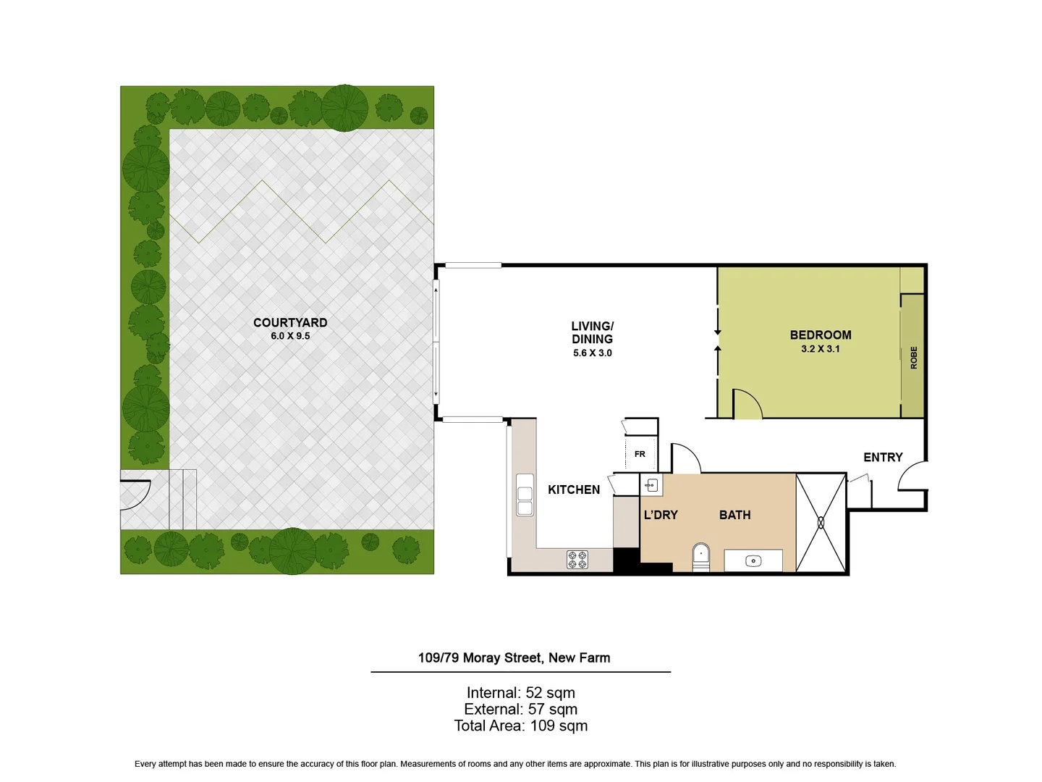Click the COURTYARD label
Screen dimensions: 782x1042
point(290,323)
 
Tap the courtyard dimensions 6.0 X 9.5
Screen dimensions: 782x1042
point(290,336)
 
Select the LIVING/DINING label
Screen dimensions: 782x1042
point(592,332)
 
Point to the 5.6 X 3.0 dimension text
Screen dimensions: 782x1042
point(592,353)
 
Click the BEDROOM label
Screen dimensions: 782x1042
point(820,335)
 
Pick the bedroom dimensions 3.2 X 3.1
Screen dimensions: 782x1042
point(820,349)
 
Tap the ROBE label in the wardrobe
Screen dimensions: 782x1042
point(913,358)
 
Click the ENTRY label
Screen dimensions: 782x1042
point(883,458)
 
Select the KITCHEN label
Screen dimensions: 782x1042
point(574,490)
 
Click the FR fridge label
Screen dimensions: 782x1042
point(640,455)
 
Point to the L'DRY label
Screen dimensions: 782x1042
point(661,516)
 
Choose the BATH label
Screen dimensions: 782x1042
point(734,516)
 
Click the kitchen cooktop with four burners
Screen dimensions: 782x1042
point(577,560)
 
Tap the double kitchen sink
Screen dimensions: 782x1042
point(525,495)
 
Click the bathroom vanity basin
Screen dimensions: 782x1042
point(753,561)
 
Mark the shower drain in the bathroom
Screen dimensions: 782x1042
point(821,522)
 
